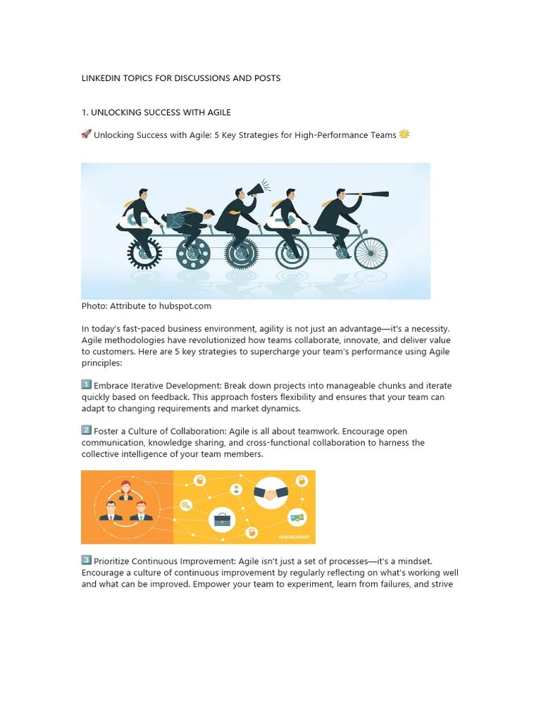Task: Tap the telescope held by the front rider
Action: click(372, 193)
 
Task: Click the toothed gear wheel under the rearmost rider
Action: click(144, 252)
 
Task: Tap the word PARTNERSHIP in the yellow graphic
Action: click(293, 537)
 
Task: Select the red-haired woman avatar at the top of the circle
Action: click(127, 486)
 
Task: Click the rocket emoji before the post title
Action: click(87, 134)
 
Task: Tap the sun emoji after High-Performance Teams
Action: click(404, 134)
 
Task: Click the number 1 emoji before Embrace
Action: click(87, 384)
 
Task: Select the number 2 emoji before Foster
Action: click(87, 430)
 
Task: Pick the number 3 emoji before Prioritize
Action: click(87, 560)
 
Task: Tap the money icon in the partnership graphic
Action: click(297, 518)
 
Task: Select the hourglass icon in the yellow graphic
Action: click(237, 489)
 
